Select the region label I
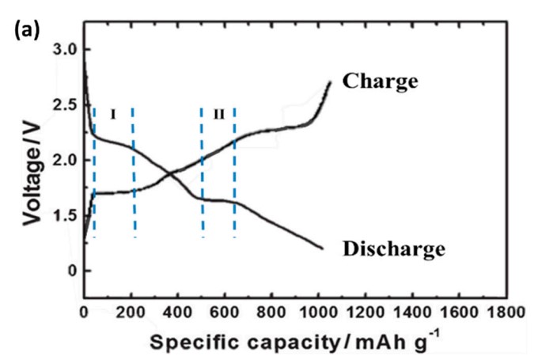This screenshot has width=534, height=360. point(112,114)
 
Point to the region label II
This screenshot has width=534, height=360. point(218,114)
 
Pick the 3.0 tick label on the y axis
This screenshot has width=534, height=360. point(66,50)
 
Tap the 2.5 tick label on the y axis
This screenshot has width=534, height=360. point(66,105)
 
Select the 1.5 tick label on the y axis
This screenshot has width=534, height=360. point(66,215)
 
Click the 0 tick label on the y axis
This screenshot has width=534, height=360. point(73,271)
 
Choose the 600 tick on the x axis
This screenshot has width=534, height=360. point(224,312)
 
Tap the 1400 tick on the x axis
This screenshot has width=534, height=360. point(411,312)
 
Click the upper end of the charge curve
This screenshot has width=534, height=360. point(330,81)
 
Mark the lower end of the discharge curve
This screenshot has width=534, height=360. point(323,248)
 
